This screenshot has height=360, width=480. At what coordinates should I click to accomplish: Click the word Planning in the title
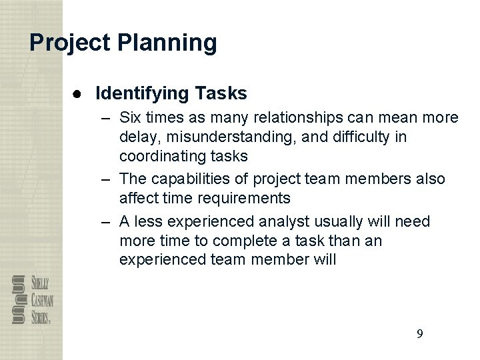(167, 43)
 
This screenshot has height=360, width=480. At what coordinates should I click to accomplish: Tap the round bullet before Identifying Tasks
(79, 93)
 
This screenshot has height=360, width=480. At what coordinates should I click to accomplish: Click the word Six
(131, 118)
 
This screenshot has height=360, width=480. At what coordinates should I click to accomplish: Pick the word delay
(138, 137)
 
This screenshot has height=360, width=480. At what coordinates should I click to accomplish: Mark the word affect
(137, 199)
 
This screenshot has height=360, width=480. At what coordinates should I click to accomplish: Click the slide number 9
(419, 334)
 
